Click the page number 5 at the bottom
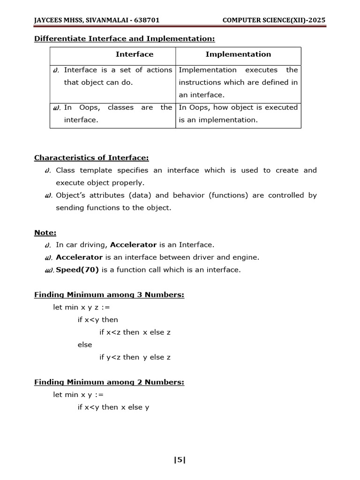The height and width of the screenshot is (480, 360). point(180,460)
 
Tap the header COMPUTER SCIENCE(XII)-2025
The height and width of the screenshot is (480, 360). point(274,21)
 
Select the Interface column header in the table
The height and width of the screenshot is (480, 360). point(135,54)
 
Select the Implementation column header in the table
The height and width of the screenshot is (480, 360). point(238,54)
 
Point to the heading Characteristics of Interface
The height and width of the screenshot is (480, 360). point(91,158)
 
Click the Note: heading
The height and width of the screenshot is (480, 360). point(45,232)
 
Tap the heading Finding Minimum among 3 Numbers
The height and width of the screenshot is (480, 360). point(109,295)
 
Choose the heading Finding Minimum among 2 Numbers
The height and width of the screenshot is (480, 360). point(109,382)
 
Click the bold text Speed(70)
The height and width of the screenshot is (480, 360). point(76,270)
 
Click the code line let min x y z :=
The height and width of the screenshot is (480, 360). point(82,307)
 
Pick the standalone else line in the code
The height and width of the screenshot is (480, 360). point(85,345)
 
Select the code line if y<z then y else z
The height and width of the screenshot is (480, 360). point(135,357)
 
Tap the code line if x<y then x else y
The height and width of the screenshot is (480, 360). point(113,407)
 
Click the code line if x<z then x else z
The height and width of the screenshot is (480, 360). point(135,332)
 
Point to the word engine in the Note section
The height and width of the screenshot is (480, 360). point(247,257)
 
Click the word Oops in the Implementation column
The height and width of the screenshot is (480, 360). point(201,107)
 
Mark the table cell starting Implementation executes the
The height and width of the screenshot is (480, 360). point(238,82)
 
